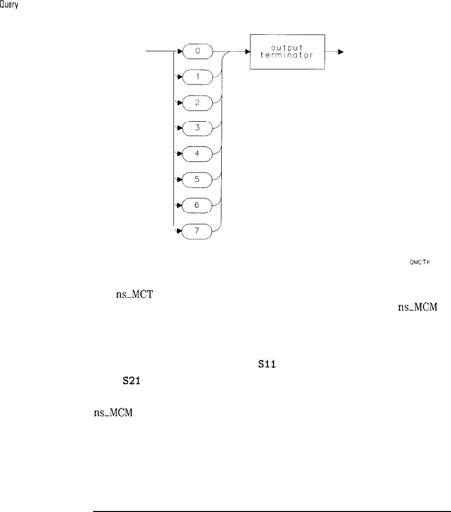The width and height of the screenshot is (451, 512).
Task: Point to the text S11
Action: pyautogui.click(x=260, y=357)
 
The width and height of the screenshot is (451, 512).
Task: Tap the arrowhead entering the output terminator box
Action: pyautogui.click(x=247, y=51)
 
